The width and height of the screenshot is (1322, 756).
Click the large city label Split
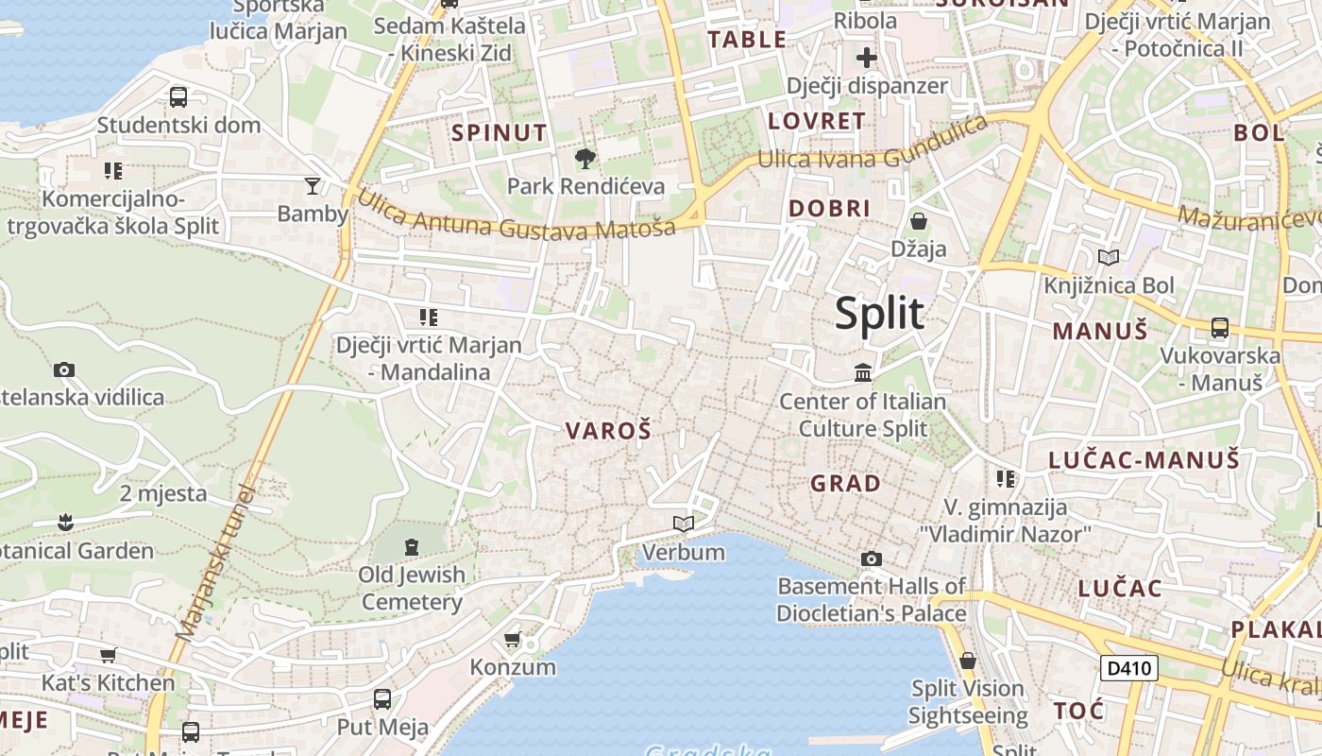pyautogui.click(x=879, y=313)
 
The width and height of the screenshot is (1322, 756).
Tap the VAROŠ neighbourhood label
pyautogui.click(x=608, y=431)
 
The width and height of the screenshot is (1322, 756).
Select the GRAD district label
pyautogui.click(x=845, y=484)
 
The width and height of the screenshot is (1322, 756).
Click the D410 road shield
pyautogui.click(x=1129, y=668)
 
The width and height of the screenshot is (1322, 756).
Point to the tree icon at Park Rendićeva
pyautogui.click(x=585, y=158)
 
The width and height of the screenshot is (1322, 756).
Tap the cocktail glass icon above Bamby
pyautogui.click(x=313, y=185)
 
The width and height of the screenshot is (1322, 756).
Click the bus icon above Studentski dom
pyautogui.click(x=178, y=96)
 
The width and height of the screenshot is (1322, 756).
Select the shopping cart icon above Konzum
pyautogui.click(x=513, y=640)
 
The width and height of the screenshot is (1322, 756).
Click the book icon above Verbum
pyautogui.click(x=683, y=524)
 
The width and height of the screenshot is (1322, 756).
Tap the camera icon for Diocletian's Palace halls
pyautogui.click(x=872, y=558)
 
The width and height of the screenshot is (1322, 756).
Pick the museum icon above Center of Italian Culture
pyautogui.click(x=863, y=373)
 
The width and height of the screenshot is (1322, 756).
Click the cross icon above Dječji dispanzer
pyautogui.click(x=867, y=59)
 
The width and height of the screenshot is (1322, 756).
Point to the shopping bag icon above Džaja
pyautogui.click(x=918, y=222)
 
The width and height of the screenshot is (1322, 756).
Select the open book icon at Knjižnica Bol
pyautogui.click(x=1109, y=257)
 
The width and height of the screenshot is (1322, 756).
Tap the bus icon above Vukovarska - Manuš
pyautogui.click(x=1220, y=328)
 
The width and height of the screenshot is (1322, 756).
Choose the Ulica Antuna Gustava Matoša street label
pyautogui.click(x=516, y=215)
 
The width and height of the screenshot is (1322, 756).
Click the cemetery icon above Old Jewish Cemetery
pyautogui.click(x=412, y=546)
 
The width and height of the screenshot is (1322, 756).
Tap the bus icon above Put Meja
pyautogui.click(x=382, y=699)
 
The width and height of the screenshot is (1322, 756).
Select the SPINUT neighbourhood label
pyautogui.click(x=500, y=132)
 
